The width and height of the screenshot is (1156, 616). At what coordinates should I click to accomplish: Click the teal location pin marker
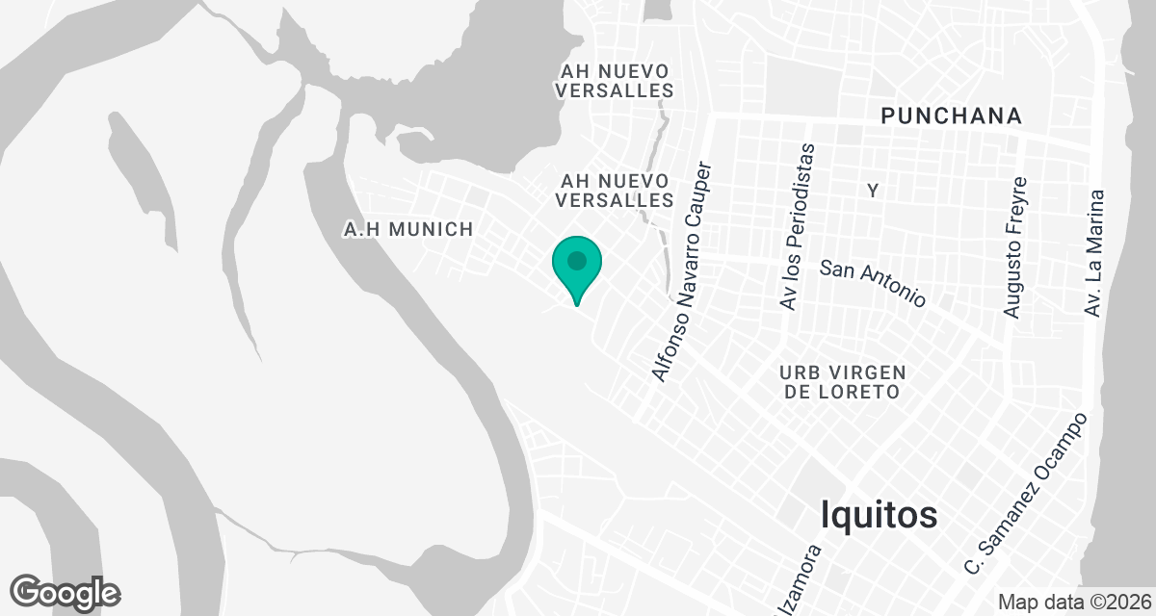tap(577, 267)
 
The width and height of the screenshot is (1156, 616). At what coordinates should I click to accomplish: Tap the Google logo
tap(65, 592)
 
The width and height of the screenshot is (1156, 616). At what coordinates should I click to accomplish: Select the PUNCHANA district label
tap(951, 116)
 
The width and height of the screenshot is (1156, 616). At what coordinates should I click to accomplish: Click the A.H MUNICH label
tap(408, 229)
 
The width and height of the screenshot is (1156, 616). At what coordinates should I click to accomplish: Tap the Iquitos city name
tap(879, 515)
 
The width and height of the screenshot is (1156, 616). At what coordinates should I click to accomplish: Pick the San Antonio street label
tap(872, 283)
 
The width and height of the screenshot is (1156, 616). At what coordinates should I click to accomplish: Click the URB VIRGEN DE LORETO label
tap(843, 382)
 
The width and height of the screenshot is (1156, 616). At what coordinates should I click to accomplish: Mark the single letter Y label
tap(873, 192)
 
